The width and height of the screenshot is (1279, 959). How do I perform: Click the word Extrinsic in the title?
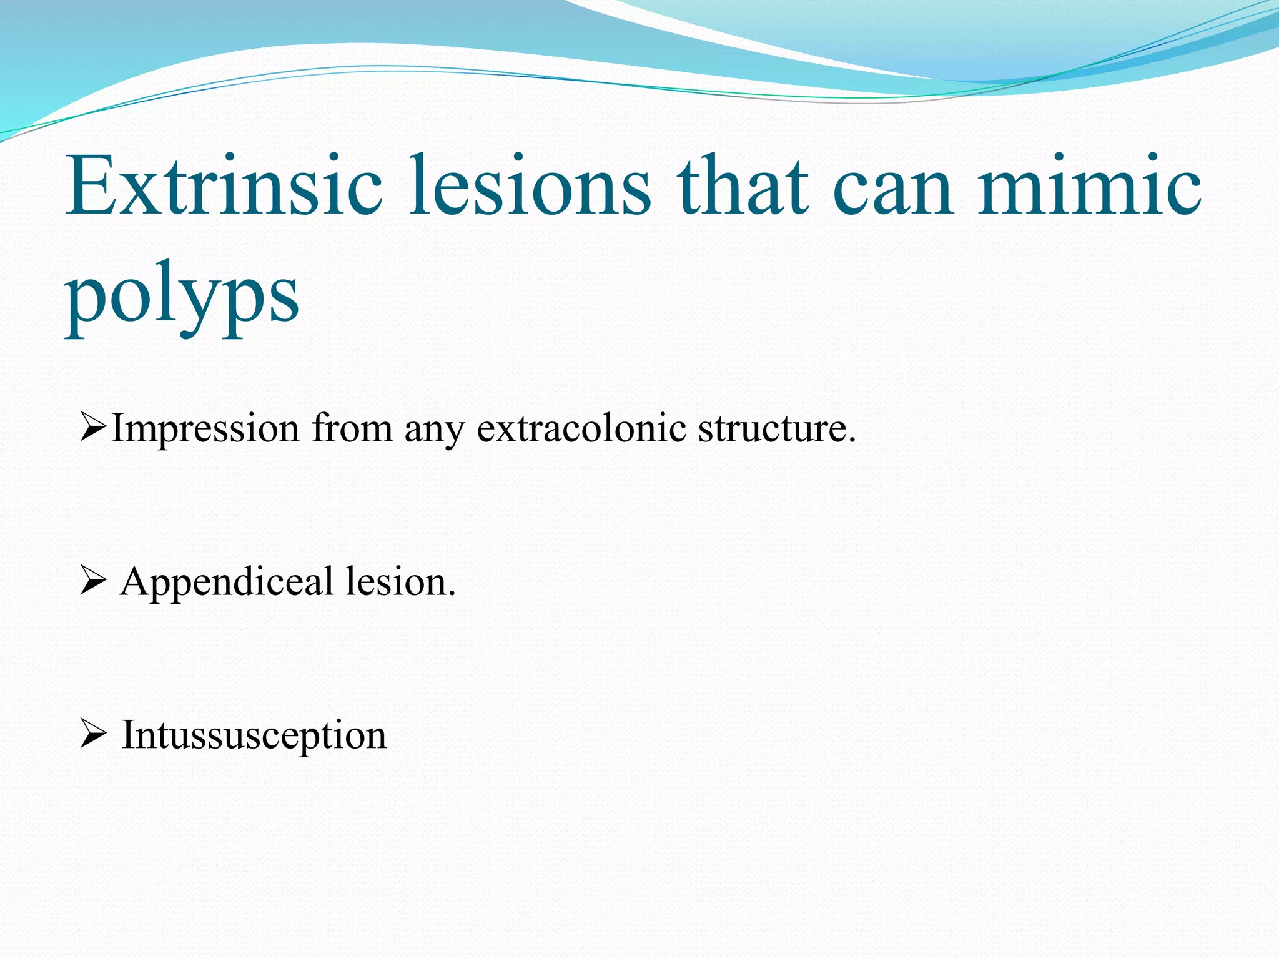click(x=224, y=186)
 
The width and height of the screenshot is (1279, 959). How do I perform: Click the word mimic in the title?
click(x=1089, y=186)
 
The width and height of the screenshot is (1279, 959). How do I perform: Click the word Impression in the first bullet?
click(x=205, y=430)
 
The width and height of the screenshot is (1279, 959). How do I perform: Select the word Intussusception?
click(x=254, y=735)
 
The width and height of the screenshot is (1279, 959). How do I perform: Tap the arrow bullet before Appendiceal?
click(x=93, y=583)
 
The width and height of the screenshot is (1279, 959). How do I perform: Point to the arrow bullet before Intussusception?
click(x=93, y=735)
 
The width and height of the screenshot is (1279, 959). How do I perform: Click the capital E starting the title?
click(x=89, y=186)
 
